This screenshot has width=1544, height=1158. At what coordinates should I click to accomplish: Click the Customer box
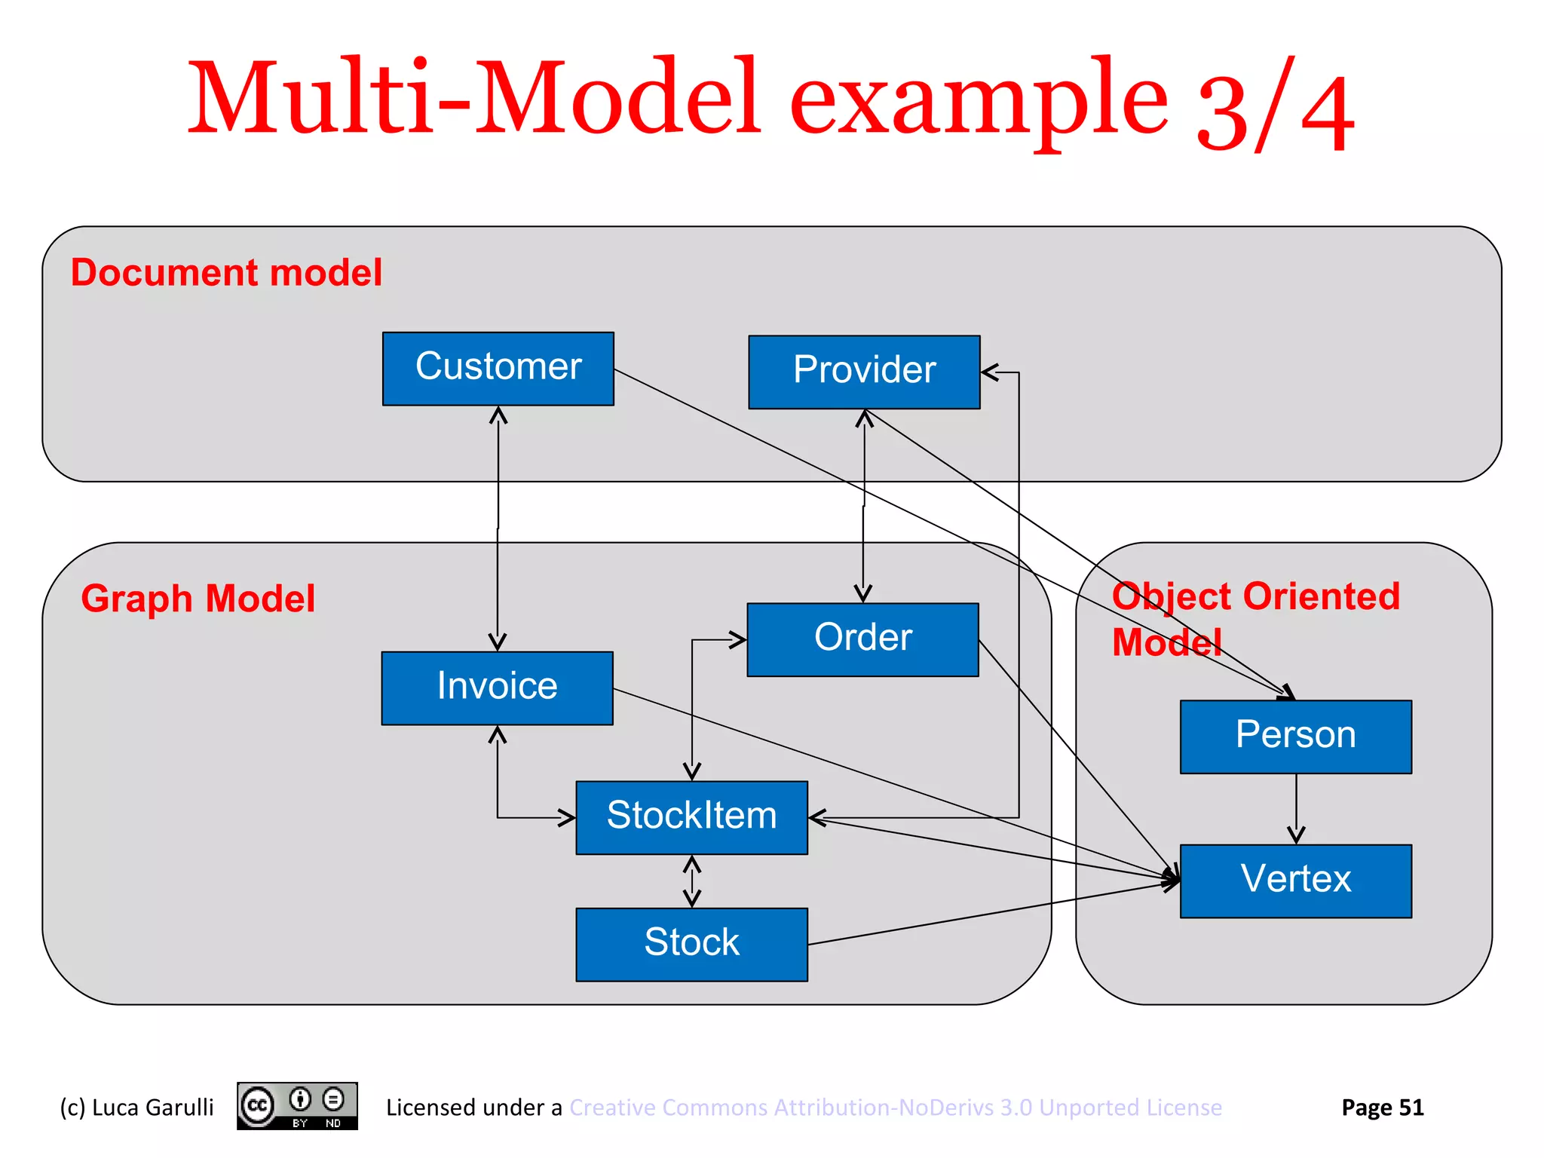pyautogui.click(x=498, y=369)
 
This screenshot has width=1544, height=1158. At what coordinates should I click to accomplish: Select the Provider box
pyautogui.click(x=864, y=372)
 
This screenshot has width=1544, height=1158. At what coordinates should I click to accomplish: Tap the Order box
pyautogui.click(x=862, y=639)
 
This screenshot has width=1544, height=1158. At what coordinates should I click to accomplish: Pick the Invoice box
pyautogui.click(x=497, y=688)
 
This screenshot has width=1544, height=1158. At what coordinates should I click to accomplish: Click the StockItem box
pyautogui.click(x=691, y=817)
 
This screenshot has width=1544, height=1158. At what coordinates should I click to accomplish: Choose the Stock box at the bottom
pyautogui.click(x=691, y=944)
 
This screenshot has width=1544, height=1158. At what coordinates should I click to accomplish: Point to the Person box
pyautogui.click(x=1295, y=737)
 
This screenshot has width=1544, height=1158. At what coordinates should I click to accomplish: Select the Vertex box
pyautogui.click(x=1295, y=881)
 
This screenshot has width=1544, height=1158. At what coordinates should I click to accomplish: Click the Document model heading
pyautogui.click(x=226, y=272)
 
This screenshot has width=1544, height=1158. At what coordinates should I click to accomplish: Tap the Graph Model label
pyautogui.click(x=198, y=599)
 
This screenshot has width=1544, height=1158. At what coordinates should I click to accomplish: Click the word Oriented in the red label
pyautogui.click(x=1321, y=596)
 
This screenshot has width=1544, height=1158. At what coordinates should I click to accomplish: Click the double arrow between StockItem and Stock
pyautogui.click(x=691, y=881)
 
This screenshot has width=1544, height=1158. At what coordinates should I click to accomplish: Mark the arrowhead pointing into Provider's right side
pyautogui.click(x=990, y=372)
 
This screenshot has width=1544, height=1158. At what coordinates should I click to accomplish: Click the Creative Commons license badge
pyautogui.click(x=297, y=1106)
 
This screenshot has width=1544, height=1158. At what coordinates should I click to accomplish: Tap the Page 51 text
pyautogui.click(x=1382, y=1107)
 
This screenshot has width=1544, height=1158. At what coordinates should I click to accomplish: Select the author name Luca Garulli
pyautogui.click(x=152, y=1107)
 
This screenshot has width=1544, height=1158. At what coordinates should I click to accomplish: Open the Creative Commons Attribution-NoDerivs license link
pyautogui.click(x=895, y=1107)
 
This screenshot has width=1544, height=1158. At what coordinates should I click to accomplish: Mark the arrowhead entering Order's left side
pyautogui.click(x=737, y=640)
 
